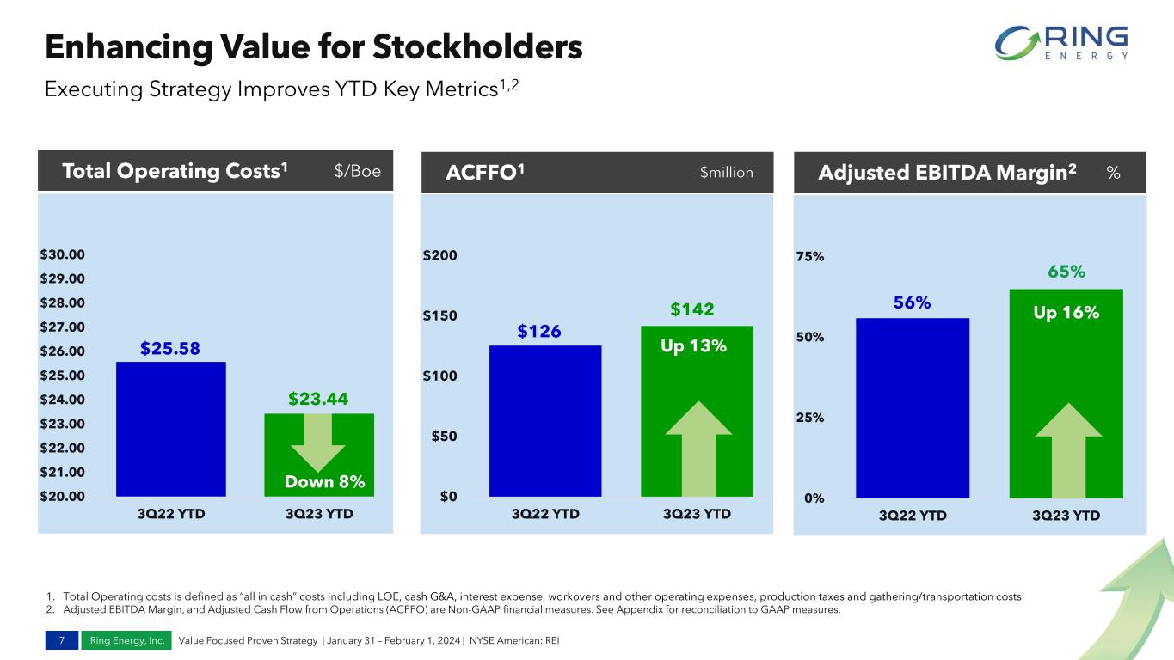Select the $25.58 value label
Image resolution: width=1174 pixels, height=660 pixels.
click(170, 348)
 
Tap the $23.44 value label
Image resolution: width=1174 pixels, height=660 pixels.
click(318, 399)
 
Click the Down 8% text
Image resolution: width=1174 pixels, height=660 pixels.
click(325, 482)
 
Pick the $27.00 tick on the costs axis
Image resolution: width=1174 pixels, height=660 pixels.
click(62, 327)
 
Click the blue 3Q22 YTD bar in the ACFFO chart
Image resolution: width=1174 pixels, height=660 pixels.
click(544, 420)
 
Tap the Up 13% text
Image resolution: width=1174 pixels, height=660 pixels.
click(693, 346)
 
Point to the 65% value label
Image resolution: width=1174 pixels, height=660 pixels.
click(1066, 272)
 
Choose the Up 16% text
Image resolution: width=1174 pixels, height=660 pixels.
click(1066, 313)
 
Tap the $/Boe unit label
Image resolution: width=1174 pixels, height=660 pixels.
click(357, 172)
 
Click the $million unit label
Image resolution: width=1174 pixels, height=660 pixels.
click(727, 173)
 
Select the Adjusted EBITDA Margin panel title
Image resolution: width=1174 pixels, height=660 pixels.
click(948, 173)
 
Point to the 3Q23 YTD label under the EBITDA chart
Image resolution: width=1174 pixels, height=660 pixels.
click(1066, 516)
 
